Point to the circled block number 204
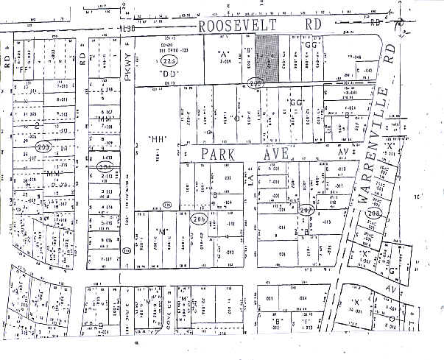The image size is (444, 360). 105,167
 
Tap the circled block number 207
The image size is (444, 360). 307,211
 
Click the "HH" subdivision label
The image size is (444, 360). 157,138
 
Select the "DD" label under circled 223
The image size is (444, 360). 169,74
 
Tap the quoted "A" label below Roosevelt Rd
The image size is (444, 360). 225,54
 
